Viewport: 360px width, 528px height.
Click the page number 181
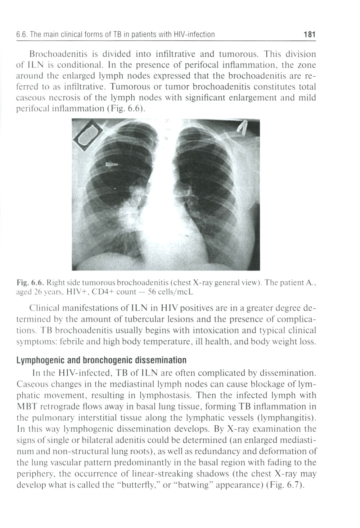[309, 35]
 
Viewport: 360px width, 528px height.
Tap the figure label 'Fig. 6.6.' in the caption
[36, 283]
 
